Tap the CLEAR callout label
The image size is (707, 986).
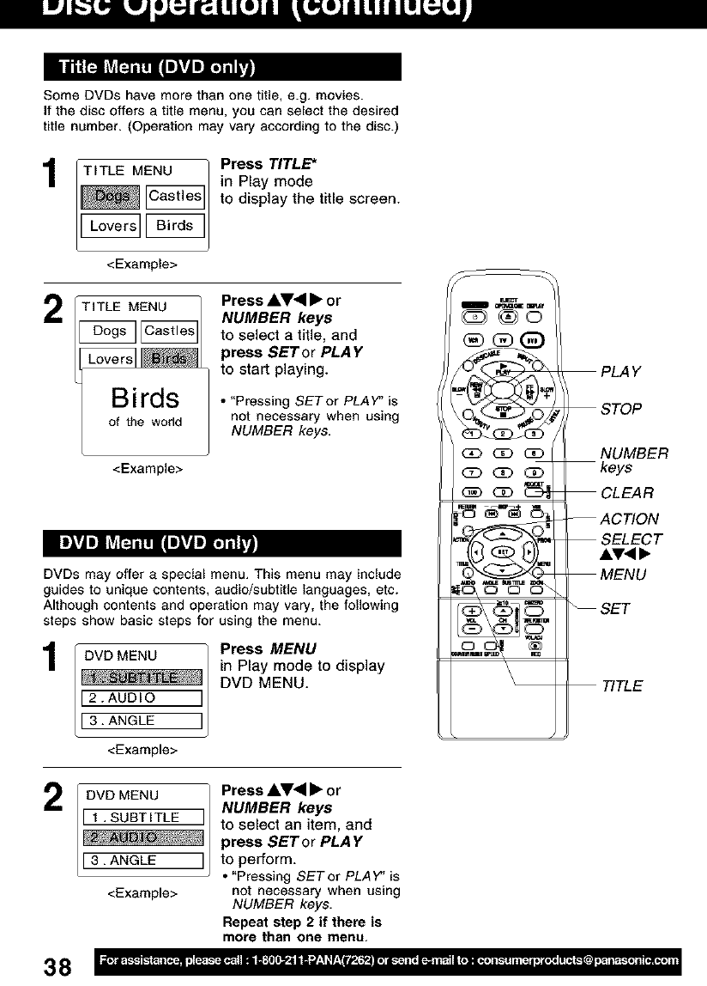pyautogui.click(x=627, y=493)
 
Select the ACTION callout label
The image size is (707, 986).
pyautogui.click(x=630, y=519)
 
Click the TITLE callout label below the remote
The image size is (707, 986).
pyautogui.click(x=621, y=686)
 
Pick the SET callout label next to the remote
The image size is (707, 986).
pyautogui.click(x=615, y=609)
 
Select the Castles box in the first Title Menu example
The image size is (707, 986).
pyautogui.click(x=175, y=197)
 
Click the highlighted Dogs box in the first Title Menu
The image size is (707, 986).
pyautogui.click(x=110, y=197)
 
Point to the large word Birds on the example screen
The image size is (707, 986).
pyautogui.click(x=145, y=399)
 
